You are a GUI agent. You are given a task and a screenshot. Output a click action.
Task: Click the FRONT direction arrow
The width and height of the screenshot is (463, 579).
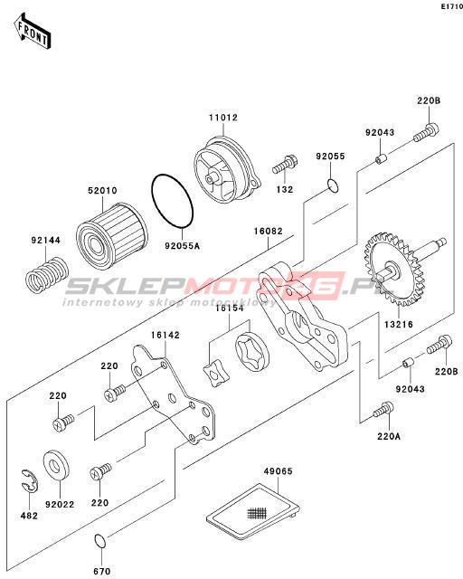[x=33, y=32]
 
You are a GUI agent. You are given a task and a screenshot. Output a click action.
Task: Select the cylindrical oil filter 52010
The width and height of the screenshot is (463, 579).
[x=111, y=235]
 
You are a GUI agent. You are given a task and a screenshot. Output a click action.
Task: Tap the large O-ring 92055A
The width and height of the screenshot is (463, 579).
[x=173, y=201]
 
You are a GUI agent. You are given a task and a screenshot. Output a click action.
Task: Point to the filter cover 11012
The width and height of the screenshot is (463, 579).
[x=228, y=168]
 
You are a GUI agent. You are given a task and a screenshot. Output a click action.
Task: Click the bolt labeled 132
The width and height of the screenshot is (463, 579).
[x=285, y=165]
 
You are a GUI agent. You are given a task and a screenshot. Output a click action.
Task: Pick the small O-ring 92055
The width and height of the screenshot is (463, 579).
[x=332, y=185]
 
